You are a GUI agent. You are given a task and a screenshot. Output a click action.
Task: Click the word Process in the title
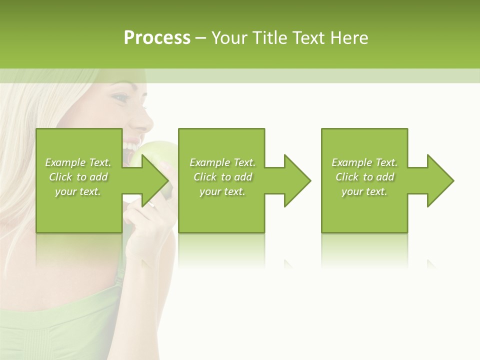[157, 37]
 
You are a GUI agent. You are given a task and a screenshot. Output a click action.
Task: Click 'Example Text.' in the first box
[78, 162]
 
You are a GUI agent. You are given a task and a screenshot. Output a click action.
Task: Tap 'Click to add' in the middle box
[222, 177]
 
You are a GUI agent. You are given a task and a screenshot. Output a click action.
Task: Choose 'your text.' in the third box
[364, 191]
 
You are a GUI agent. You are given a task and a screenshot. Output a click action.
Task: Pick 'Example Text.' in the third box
[364, 162]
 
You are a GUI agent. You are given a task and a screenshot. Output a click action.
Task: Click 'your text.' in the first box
[78, 191]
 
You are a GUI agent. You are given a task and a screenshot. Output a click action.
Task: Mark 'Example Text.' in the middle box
[222, 162]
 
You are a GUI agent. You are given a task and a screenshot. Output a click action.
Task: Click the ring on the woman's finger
[151, 204]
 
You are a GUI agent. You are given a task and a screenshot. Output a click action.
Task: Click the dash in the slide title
[201, 38]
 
